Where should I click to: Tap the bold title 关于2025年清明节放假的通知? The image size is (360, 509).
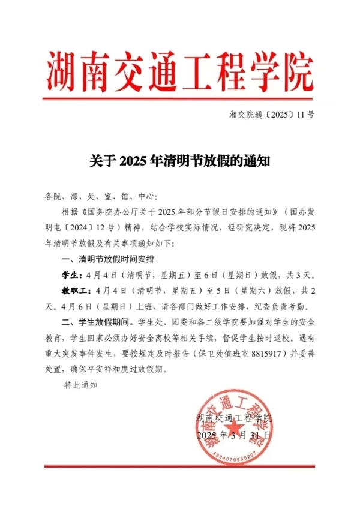(180, 161)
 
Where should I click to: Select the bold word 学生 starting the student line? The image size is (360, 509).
(70, 275)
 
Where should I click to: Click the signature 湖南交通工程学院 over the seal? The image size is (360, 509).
(233, 418)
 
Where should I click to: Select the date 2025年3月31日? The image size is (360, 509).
(233, 434)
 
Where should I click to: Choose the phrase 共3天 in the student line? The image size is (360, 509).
(298, 275)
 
